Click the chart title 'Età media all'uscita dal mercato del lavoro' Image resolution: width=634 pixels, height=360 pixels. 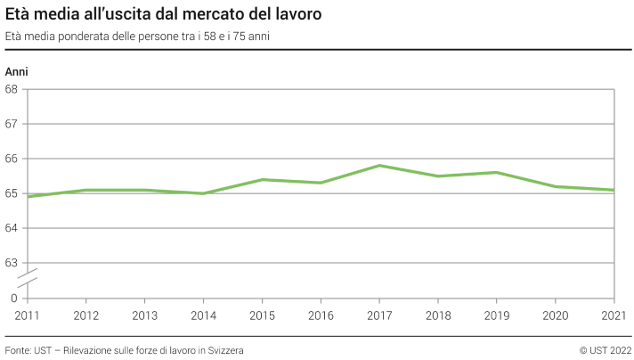pos(163,15)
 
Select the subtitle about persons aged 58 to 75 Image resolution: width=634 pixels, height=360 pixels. pos(137,37)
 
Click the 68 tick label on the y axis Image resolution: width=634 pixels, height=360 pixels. pos(12,89)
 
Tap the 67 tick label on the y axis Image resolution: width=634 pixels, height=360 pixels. pos(12,124)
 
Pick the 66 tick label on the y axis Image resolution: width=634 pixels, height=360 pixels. pos(12,159)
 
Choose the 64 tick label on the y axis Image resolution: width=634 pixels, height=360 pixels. pos(12,228)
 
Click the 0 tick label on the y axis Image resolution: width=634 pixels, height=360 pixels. pos(14,298)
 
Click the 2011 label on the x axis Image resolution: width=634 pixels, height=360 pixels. pos(27,315)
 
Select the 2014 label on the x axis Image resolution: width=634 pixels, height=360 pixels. pos(203,315)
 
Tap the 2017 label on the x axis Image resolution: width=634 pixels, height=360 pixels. pos(379,315)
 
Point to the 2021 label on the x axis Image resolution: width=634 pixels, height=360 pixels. pos(614,315)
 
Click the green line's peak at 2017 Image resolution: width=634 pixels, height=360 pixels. pos(379,165)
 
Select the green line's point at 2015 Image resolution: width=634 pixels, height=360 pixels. pos(262,179)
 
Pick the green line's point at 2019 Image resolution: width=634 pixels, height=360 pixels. pos(497,172)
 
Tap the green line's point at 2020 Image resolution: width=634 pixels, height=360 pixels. pos(556,186)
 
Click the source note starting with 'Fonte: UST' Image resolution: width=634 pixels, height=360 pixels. pos(124,350)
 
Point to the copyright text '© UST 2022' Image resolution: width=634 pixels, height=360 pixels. pos(605,350)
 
